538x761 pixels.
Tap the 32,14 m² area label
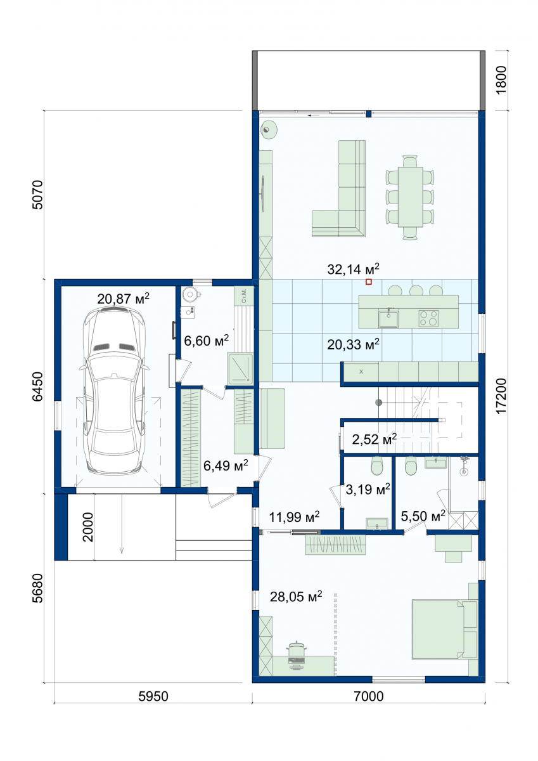(353, 270)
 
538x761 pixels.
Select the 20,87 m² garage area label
(123, 299)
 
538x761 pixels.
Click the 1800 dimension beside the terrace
(501, 80)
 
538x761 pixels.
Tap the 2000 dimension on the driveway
(87, 527)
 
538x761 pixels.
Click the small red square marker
(369, 282)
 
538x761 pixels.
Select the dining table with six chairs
(410, 197)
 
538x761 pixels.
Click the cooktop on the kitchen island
(428, 318)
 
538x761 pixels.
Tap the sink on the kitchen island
(389, 318)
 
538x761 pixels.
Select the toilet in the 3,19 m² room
(377, 465)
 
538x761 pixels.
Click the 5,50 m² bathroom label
(423, 516)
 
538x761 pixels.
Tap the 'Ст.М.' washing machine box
(244, 296)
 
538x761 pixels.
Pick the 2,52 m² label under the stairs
(374, 439)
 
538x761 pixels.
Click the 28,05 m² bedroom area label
(296, 596)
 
